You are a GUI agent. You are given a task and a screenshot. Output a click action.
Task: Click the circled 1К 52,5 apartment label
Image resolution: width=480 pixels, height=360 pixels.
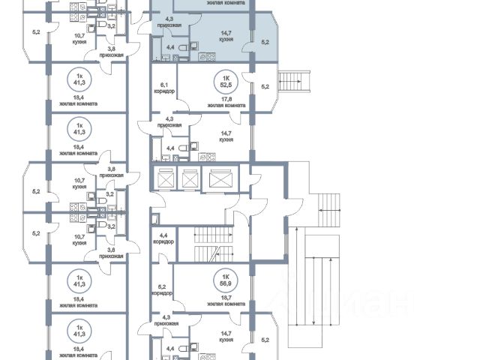[223, 80]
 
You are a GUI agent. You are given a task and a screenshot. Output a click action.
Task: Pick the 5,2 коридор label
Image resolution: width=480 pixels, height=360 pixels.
[163, 289]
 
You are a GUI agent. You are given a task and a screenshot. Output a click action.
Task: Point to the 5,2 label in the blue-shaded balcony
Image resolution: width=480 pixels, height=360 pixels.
[264, 43]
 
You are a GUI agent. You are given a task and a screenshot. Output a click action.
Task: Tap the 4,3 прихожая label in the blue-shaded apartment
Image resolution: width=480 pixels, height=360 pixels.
[169, 21]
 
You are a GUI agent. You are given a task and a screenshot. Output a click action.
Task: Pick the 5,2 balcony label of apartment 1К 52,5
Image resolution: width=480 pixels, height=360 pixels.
[264, 88]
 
